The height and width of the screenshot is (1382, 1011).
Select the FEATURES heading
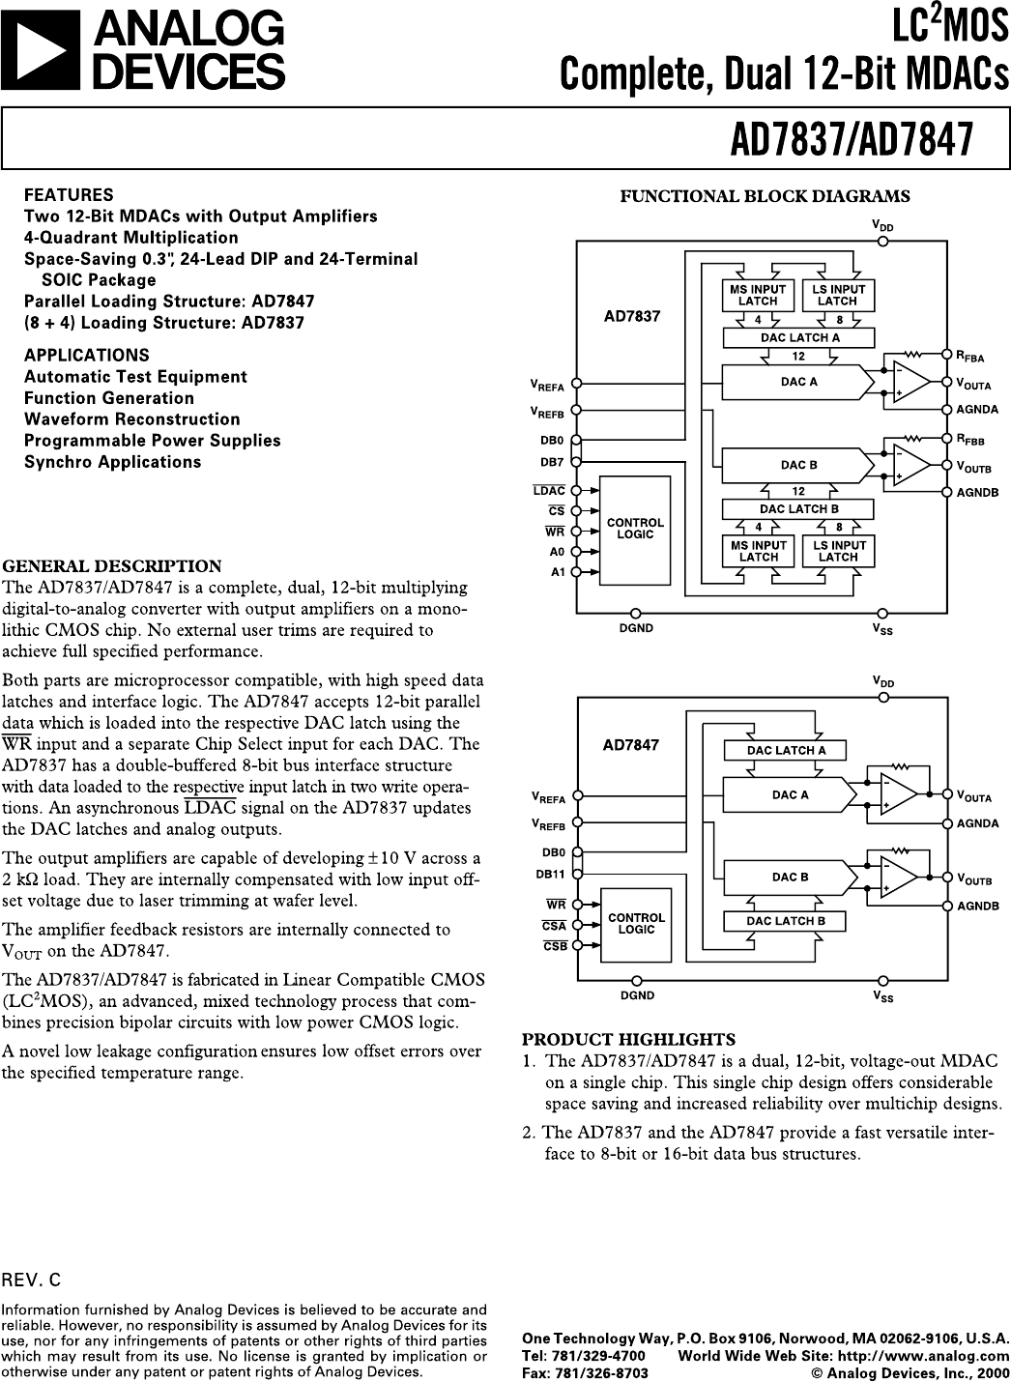[69, 194]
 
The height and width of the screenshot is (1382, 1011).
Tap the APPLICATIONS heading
[87, 355]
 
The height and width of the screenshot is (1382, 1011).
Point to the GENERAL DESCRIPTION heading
[112, 566]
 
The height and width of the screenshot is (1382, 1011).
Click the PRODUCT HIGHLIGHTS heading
[629, 1040]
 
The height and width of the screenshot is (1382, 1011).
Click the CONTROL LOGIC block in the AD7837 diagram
[635, 529]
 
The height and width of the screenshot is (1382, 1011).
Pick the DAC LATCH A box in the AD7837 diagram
[799, 337]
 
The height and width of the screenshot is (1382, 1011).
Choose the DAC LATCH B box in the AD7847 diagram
[786, 921]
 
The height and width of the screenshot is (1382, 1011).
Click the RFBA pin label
[969, 357]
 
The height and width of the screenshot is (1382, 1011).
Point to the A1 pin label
[557, 572]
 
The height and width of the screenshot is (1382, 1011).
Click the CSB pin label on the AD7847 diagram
[554, 946]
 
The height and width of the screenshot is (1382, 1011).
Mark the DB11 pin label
[550, 874]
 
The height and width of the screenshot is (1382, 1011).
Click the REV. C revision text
[31, 1281]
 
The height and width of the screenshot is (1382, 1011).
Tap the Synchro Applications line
[112, 462]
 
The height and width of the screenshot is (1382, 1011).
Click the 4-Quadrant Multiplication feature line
[130, 238]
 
